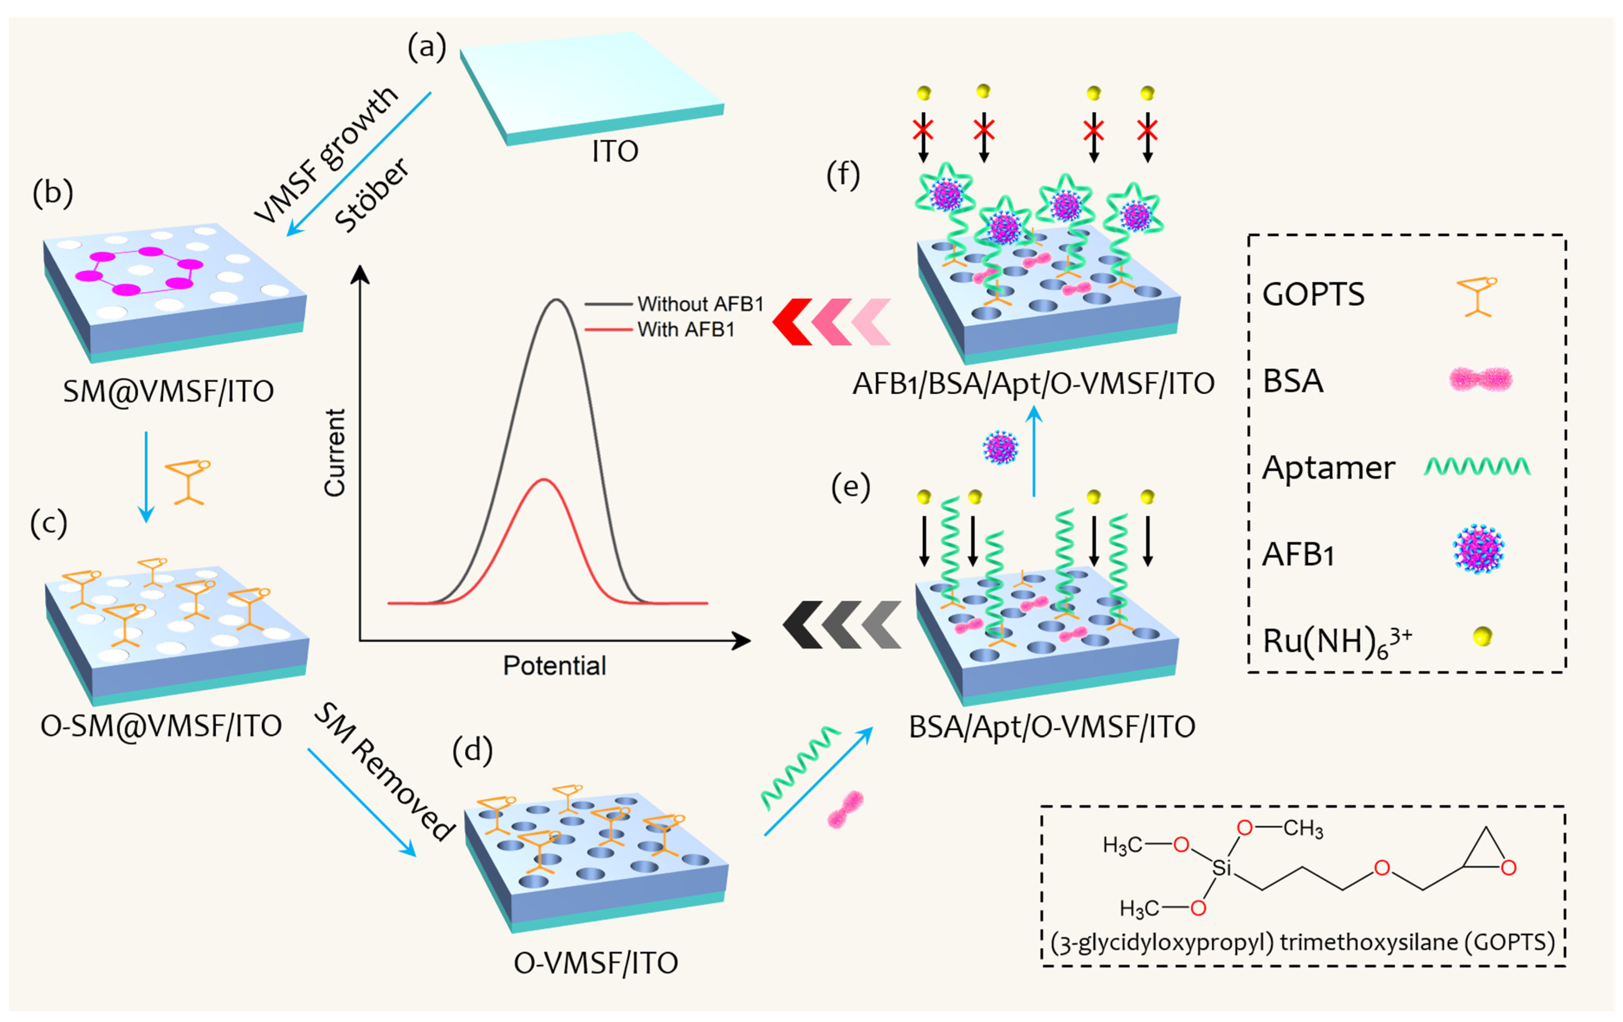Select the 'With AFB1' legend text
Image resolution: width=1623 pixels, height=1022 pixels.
click(x=686, y=330)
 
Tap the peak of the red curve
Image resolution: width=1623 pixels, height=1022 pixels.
click(x=543, y=480)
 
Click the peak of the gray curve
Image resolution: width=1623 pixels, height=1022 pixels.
click(x=556, y=300)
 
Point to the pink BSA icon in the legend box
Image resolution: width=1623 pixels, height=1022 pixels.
click(x=1480, y=380)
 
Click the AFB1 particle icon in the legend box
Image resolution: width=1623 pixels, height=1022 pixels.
click(x=1478, y=550)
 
